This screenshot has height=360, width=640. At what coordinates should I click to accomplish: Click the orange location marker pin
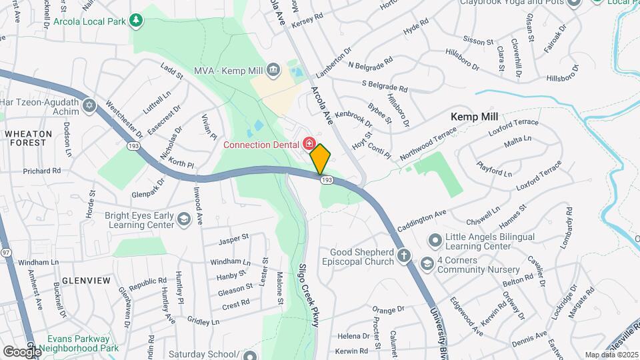pos(320,159)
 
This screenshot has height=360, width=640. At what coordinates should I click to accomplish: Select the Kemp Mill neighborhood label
pos(475,116)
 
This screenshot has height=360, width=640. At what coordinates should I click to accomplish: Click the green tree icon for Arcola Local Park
pos(136,21)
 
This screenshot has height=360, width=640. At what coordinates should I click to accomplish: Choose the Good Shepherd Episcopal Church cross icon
pos(403,256)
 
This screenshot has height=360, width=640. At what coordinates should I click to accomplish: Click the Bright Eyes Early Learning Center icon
pos(183,219)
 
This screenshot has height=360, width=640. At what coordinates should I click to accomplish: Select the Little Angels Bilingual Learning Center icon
pos(435,239)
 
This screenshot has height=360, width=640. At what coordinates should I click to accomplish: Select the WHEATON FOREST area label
pos(28,138)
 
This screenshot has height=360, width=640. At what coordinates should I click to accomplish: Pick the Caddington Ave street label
pos(421,221)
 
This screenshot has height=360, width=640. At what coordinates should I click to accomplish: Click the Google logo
pos(21,351)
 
